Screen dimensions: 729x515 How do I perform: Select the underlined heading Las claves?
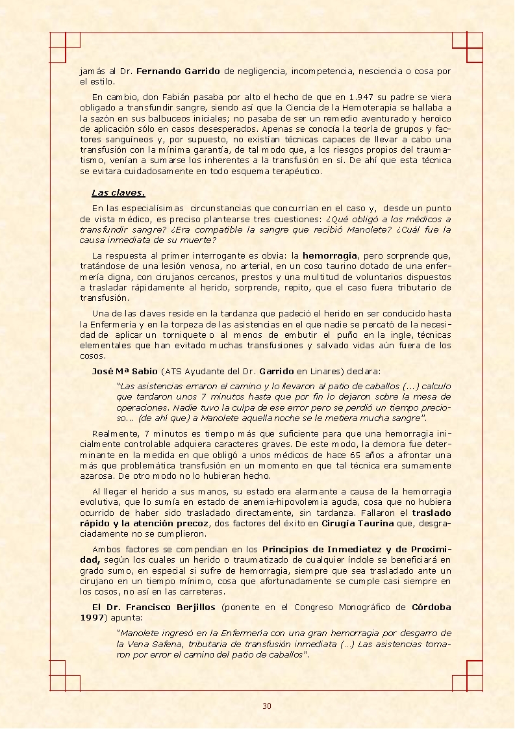[x=118, y=192]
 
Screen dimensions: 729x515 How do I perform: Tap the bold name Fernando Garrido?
[x=179, y=71]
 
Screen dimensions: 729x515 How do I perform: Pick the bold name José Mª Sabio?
[x=125, y=372]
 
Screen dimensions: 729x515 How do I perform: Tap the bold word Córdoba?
[x=431, y=607]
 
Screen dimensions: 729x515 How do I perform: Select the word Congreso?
[x=305, y=607]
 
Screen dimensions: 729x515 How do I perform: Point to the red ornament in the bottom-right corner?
[x=467, y=675]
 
